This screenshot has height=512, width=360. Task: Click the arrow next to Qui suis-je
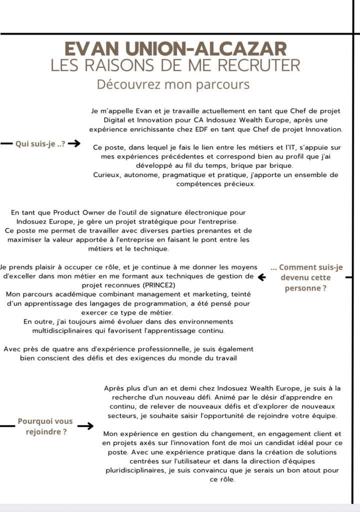74,144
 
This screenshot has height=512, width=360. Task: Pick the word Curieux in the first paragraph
107,175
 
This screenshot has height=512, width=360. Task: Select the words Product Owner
80,213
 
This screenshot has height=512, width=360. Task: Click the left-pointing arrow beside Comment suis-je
261,276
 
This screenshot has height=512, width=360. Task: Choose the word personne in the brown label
303,288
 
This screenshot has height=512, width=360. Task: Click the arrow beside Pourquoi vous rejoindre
86,426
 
